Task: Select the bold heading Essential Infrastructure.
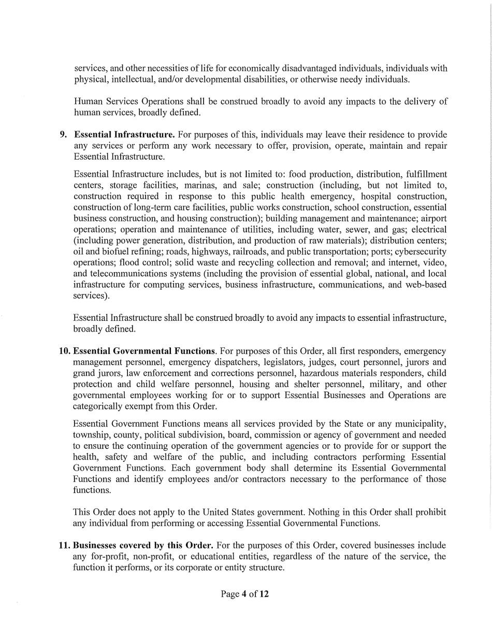coord(124,135)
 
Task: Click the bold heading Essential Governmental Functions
coord(144,351)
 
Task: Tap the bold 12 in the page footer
coord(264,594)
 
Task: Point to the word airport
coord(432,218)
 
